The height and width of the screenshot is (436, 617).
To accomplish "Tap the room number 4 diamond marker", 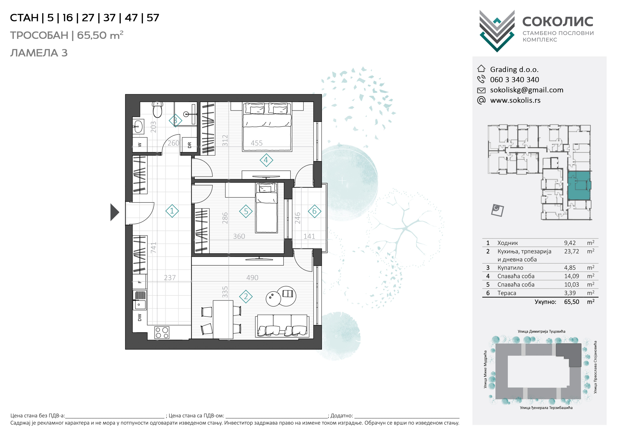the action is pos(266,160).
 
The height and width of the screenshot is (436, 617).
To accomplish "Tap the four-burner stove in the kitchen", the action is pos(162,332).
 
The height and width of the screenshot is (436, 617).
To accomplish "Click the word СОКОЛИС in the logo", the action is pos(558,21).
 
